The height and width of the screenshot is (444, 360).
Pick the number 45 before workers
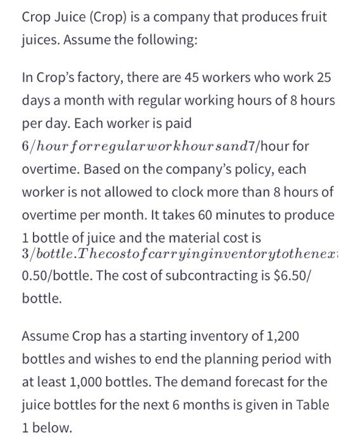(x=190, y=79)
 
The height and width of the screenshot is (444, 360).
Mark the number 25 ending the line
(x=323, y=79)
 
